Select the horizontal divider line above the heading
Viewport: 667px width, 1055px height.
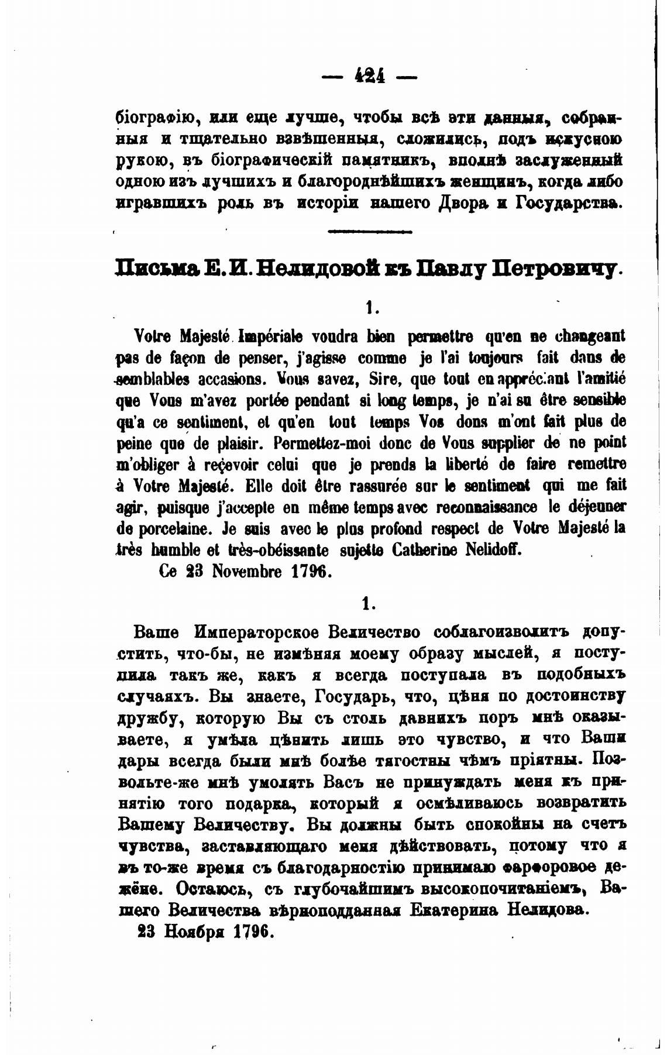click(370, 232)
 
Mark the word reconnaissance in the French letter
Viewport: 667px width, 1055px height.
click(488, 506)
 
